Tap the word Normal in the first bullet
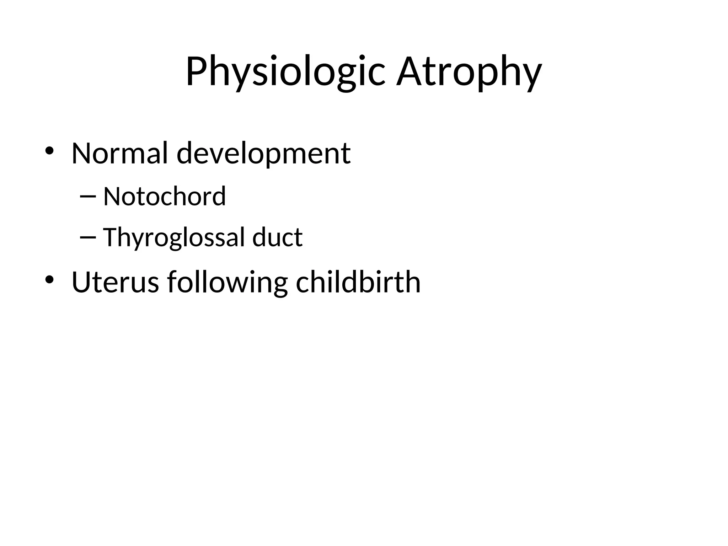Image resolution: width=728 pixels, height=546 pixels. (x=119, y=153)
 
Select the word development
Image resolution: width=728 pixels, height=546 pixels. (x=263, y=153)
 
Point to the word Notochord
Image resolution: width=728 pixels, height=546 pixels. (x=164, y=196)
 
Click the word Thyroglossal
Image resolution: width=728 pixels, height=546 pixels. (x=174, y=237)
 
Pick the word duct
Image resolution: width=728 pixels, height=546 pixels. (x=277, y=237)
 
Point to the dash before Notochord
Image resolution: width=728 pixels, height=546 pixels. (x=88, y=197)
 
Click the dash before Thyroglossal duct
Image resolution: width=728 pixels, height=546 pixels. (x=88, y=237)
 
